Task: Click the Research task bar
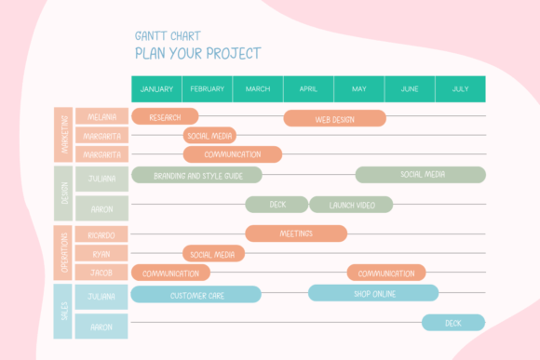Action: point(165,116)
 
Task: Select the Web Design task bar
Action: point(335,118)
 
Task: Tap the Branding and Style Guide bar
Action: point(196,175)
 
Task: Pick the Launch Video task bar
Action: point(351,205)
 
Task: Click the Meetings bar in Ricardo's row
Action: point(296,233)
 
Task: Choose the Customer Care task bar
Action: point(196,294)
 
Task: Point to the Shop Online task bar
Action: point(373,293)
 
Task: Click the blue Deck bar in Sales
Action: point(453,323)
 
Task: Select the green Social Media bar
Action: point(421,175)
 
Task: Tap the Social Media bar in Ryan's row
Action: point(213,253)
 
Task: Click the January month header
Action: point(156,89)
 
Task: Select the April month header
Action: point(308,89)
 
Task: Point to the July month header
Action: point(461,89)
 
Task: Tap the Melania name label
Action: point(101,116)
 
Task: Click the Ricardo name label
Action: point(101,234)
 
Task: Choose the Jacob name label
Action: point(101,272)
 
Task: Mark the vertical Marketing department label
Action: point(63,135)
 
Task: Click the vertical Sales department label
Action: point(62,312)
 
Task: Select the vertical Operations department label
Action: point(62,253)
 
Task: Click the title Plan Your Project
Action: point(198,53)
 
